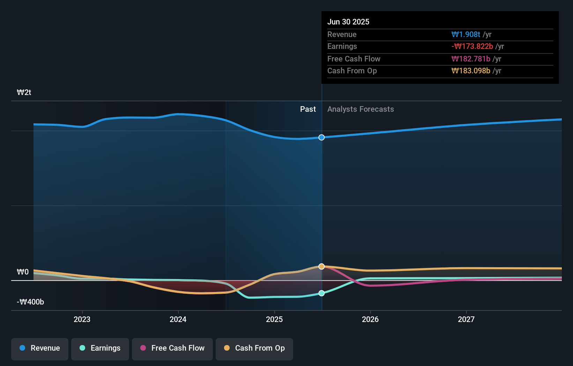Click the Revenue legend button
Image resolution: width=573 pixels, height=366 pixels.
point(40,349)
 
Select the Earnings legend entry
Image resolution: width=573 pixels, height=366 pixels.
point(100,349)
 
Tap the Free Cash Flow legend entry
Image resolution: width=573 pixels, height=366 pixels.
point(172,349)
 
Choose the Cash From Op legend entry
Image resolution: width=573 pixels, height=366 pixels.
point(254,349)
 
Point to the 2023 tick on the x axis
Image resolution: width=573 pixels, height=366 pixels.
point(82,319)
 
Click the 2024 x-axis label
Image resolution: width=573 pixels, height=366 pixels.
point(178,319)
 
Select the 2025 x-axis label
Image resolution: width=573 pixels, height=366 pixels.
point(274,319)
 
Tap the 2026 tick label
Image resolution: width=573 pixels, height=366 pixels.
point(370,319)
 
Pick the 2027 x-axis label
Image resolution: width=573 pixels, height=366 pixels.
point(466,319)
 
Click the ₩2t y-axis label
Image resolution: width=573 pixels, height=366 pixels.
point(24,93)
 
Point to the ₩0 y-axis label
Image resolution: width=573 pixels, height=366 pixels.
point(23,272)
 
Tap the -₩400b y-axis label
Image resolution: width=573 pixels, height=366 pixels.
point(30,302)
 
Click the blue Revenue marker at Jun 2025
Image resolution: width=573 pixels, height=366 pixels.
point(322,138)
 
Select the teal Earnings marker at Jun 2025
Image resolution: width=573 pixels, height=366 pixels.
point(322,293)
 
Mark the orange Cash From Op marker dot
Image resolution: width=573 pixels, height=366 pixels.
point(322,266)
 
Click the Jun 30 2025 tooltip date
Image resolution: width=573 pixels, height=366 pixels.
point(348,22)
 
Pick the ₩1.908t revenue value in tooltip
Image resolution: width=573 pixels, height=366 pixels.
point(466,34)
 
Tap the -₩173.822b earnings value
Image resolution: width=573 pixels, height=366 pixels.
point(472,46)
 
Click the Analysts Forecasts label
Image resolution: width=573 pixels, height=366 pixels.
point(360,109)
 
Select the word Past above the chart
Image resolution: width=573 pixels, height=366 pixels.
point(308,109)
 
